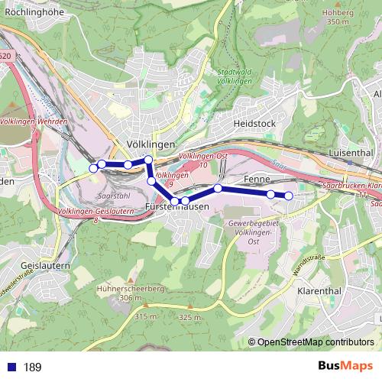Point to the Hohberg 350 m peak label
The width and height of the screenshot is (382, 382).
click(337, 17)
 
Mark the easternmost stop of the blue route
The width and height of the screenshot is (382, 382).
click(289, 196)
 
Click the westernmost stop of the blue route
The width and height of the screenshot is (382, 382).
click(94, 167)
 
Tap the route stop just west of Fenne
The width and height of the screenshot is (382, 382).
click(218, 188)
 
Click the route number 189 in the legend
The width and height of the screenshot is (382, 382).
click(32, 367)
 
